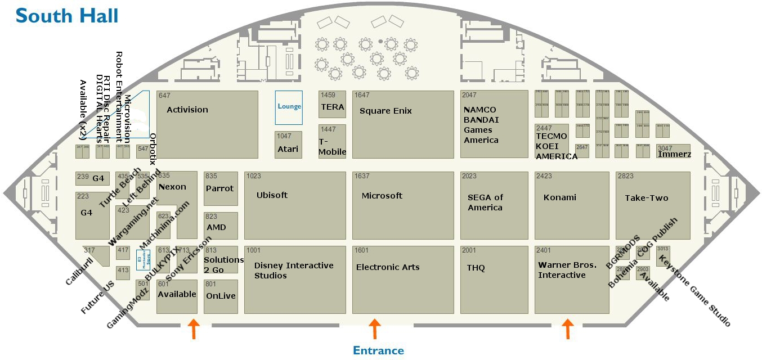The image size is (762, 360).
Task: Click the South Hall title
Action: [x=67, y=15]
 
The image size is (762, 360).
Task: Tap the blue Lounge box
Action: [x=289, y=107]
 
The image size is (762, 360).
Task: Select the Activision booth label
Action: [x=187, y=110]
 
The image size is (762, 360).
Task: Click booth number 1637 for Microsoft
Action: [x=362, y=176]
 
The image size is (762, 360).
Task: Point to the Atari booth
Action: [x=288, y=145]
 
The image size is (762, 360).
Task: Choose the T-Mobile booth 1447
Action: [x=332, y=141]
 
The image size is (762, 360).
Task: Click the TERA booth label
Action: [x=332, y=107]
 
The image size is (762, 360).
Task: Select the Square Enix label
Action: [x=386, y=111]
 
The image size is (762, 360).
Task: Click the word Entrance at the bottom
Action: [x=378, y=350]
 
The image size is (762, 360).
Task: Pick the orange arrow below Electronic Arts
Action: [x=374, y=329]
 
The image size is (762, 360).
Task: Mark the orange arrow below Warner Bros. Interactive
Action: [x=568, y=329]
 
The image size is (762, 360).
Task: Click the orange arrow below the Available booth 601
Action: [x=193, y=329]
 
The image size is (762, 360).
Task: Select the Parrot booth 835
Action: [x=220, y=188]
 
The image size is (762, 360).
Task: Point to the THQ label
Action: [x=476, y=268]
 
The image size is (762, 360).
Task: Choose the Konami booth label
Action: [x=560, y=197]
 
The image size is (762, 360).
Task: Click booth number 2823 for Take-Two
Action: [x=625, y=176]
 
